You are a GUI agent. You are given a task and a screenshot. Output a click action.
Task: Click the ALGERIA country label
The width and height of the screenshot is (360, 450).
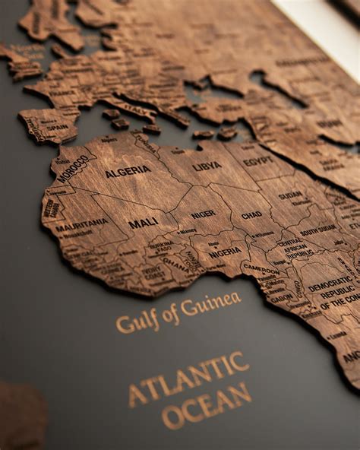(x=128, y=173)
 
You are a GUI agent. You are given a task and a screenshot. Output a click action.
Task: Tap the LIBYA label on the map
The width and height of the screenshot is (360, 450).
(x=207, y=166)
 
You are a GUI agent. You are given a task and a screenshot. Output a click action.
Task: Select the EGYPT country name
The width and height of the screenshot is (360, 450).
(x=258, y=161)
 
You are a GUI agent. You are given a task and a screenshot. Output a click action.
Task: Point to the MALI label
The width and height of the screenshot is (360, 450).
(x=143, y=223)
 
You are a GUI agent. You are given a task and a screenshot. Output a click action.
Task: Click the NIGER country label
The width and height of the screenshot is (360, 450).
(x=202, y=214)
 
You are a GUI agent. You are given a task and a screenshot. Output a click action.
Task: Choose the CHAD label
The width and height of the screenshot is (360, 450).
(x=251, y=215)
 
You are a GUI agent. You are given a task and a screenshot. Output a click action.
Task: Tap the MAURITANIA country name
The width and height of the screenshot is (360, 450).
(x=81, y=225)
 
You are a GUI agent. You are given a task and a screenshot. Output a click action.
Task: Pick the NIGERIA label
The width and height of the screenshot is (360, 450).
(x=225, y=251)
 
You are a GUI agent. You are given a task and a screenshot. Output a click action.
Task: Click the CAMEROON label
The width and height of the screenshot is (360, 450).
(x=261, y=268)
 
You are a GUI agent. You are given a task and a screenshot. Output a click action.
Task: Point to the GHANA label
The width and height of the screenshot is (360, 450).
(x=175, y=263)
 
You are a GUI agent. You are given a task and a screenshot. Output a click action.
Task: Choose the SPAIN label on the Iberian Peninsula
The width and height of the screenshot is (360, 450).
(x=55, y=127)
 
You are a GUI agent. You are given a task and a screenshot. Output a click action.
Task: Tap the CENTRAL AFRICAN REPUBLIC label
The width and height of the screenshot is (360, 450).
(x=295, y=249)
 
